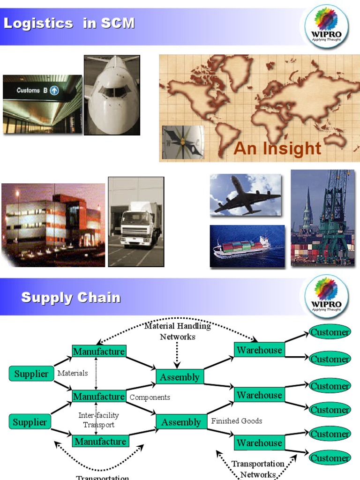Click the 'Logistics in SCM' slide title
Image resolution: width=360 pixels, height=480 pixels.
pos(69,23)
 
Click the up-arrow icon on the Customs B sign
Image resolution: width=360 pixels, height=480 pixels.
pos(54,90)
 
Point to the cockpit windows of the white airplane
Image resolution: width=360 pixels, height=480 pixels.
pos(112,91)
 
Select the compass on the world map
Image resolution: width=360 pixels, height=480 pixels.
pos(183,141)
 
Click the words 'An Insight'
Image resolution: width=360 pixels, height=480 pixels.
pos(277,149)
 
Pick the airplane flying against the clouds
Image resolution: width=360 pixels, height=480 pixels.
pos(246,195)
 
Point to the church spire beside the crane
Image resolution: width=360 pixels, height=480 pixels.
pos(307,211)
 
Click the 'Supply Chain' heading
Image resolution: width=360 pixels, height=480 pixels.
pos(71,298)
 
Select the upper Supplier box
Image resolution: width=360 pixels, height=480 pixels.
pos(31,374)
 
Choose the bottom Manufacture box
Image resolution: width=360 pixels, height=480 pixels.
pos(100,442)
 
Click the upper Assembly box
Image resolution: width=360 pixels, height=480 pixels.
pos(180,377)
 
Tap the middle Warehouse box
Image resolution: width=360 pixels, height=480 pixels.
pos(259,395)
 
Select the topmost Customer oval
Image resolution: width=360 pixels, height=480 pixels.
pos(330,332)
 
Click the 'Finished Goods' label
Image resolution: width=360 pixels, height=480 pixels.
pos(237,421)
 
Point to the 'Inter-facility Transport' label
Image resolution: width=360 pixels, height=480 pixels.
pos(98,420)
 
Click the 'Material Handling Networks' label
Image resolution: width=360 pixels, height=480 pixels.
pos(178,331)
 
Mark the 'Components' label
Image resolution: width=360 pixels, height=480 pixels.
pos(150,397)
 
